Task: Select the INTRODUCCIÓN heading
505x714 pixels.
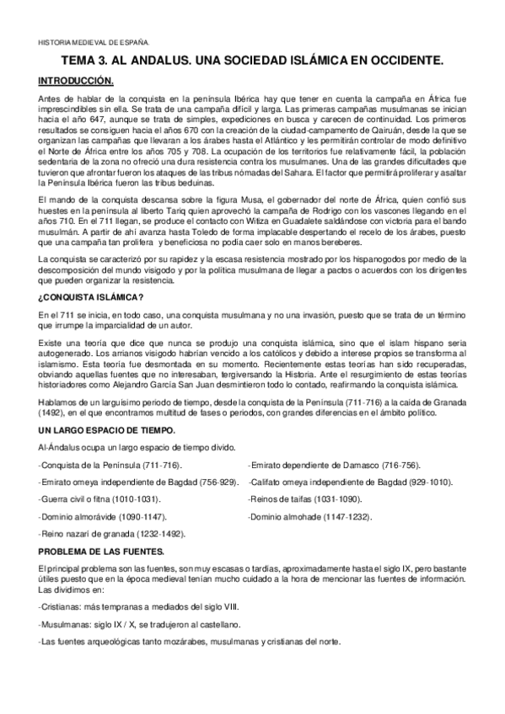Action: [75, 80]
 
